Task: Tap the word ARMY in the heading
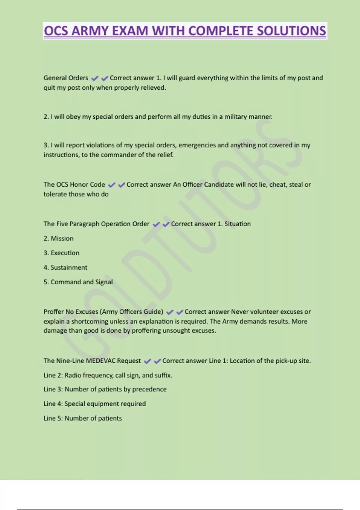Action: click(90, 31)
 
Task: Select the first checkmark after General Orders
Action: click(95, 78)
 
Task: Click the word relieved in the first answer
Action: click(154, 88)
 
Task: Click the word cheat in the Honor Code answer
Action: click(277, 184)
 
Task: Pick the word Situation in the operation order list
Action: click(237, 224)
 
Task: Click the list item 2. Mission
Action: click(58, 238)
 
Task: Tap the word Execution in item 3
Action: click(65, 253)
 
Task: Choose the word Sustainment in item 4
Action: click(69, 267)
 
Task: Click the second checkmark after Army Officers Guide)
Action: click(180, 312)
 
